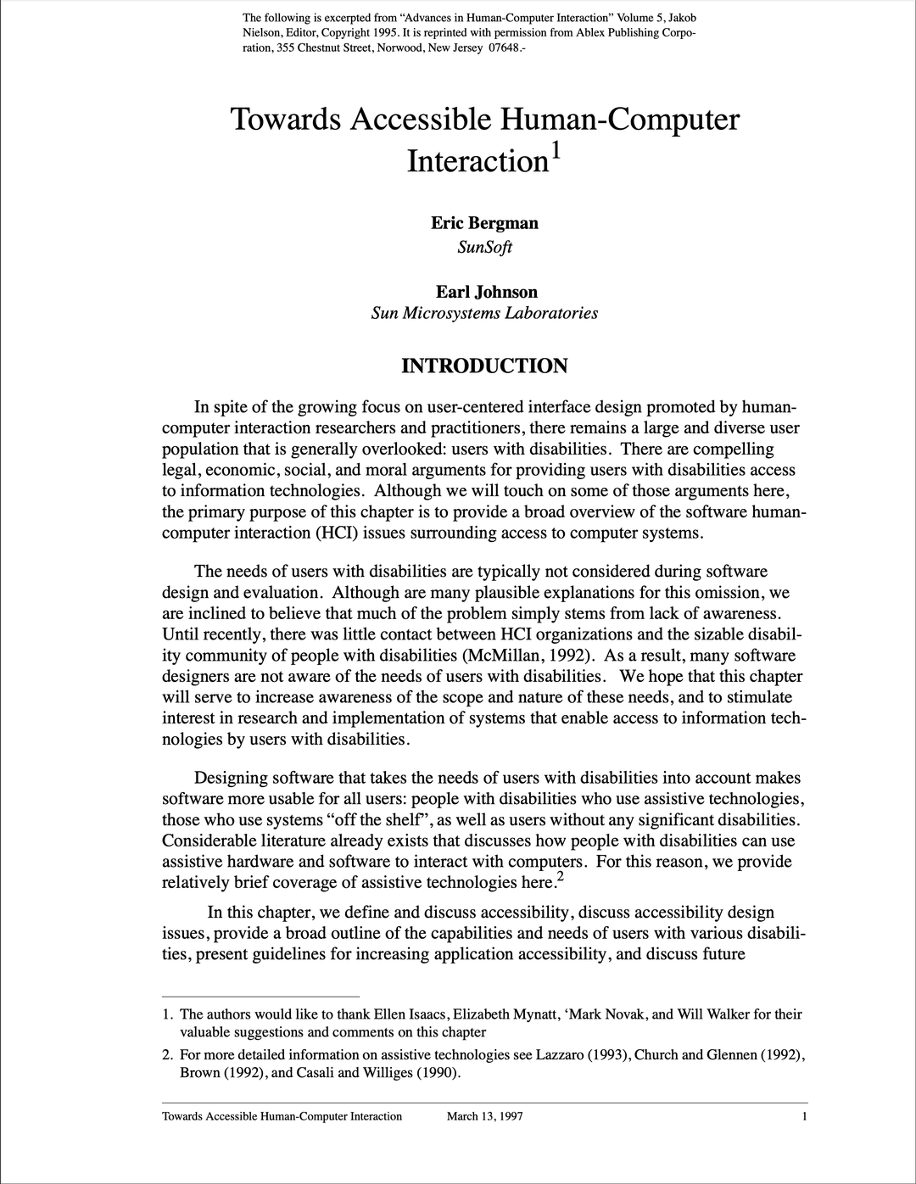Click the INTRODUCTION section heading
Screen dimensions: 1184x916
[x=484, y=366]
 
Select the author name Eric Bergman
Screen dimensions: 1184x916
[x=484, y=223]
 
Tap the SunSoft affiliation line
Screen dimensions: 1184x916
[x=484, y=248]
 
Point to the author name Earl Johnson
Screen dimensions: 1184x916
[x=486, y=292]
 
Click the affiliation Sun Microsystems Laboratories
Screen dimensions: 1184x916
[x=484, y=313]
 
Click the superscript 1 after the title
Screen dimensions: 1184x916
[x=556, y=150]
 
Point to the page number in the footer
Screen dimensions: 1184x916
[x=803, y=1116]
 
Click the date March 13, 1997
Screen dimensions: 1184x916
[x=484, y=1116]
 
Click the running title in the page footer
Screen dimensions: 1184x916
[x=282, y=1116]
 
